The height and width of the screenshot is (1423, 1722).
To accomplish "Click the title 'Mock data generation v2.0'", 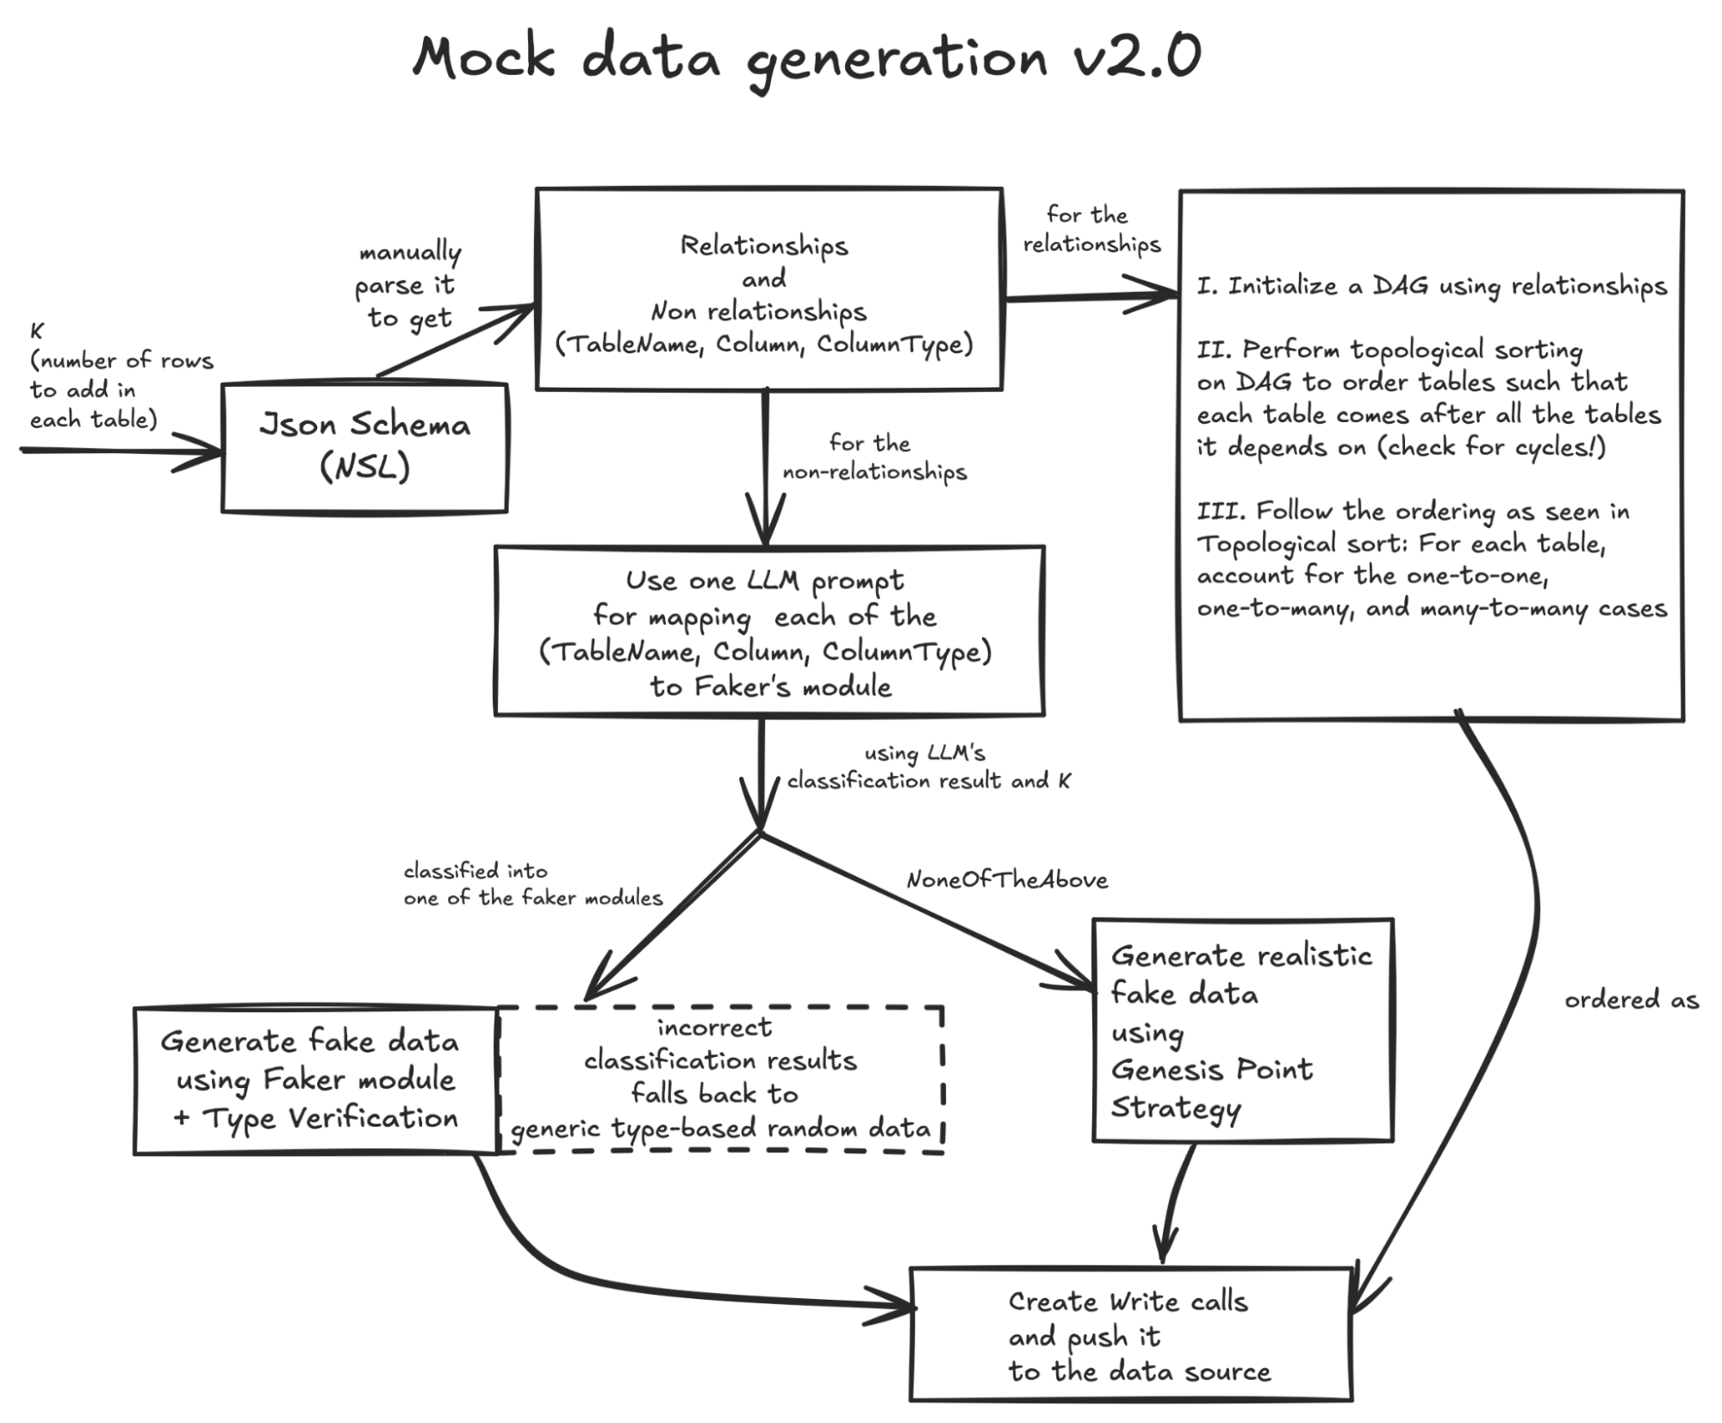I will click(x=806, y=59).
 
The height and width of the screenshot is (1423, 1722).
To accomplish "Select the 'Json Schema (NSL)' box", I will click(x=364, y=447).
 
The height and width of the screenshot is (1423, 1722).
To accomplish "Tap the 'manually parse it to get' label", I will click(x=408, y=285).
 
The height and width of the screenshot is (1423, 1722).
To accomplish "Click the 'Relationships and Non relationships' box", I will click(x=768, y=289).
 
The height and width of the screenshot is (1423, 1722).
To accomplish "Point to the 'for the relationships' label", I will click(x=1091, y=229).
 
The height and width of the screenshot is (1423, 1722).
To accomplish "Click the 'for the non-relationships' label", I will click(x=873, y=457).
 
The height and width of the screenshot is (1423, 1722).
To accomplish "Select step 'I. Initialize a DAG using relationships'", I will click(x=1431, y=286).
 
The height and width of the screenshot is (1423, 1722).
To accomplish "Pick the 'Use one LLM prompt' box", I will click(x=768, y=631).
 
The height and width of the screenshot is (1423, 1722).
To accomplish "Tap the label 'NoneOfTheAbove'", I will click(x=1006, y=879).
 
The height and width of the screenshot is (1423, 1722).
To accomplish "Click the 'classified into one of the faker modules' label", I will click(x=532, y=885).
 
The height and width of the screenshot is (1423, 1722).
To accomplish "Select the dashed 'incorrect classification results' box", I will click(x=720, y=1078).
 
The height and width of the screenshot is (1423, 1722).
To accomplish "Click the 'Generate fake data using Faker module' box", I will click(x=315, y=1080).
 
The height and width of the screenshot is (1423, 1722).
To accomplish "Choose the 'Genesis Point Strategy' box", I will click(x=1241, y=1031).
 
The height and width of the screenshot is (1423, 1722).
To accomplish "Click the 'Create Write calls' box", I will click(x=1130, y=1334).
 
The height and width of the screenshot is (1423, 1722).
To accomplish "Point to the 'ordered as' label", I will click(x=1631, y=1000).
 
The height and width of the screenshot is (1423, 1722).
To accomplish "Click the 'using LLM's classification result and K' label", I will click(x=928, y=767).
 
